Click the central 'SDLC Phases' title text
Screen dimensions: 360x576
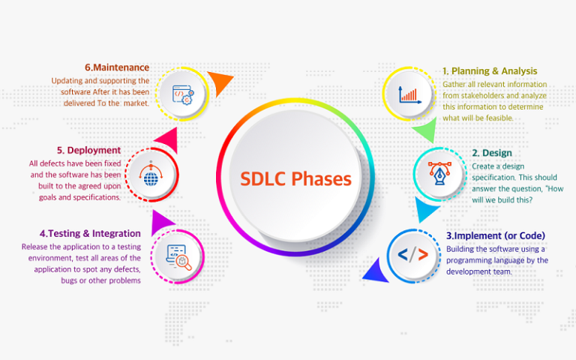click(295, 179)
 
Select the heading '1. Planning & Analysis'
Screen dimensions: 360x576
click(489, 71)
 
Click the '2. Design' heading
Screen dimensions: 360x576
click(492, 153)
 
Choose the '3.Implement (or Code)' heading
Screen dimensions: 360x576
click(496, 235)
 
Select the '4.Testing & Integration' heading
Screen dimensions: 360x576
click(82, 233)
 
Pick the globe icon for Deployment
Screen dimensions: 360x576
click(151, 176)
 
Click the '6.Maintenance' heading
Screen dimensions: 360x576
click(117, 67)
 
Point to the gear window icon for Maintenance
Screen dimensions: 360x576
click(182, 94)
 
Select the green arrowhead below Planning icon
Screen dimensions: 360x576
click(424, 131)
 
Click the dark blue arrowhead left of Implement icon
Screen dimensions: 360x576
click(375, 271)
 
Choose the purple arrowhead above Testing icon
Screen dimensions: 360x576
click(163, 220)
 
